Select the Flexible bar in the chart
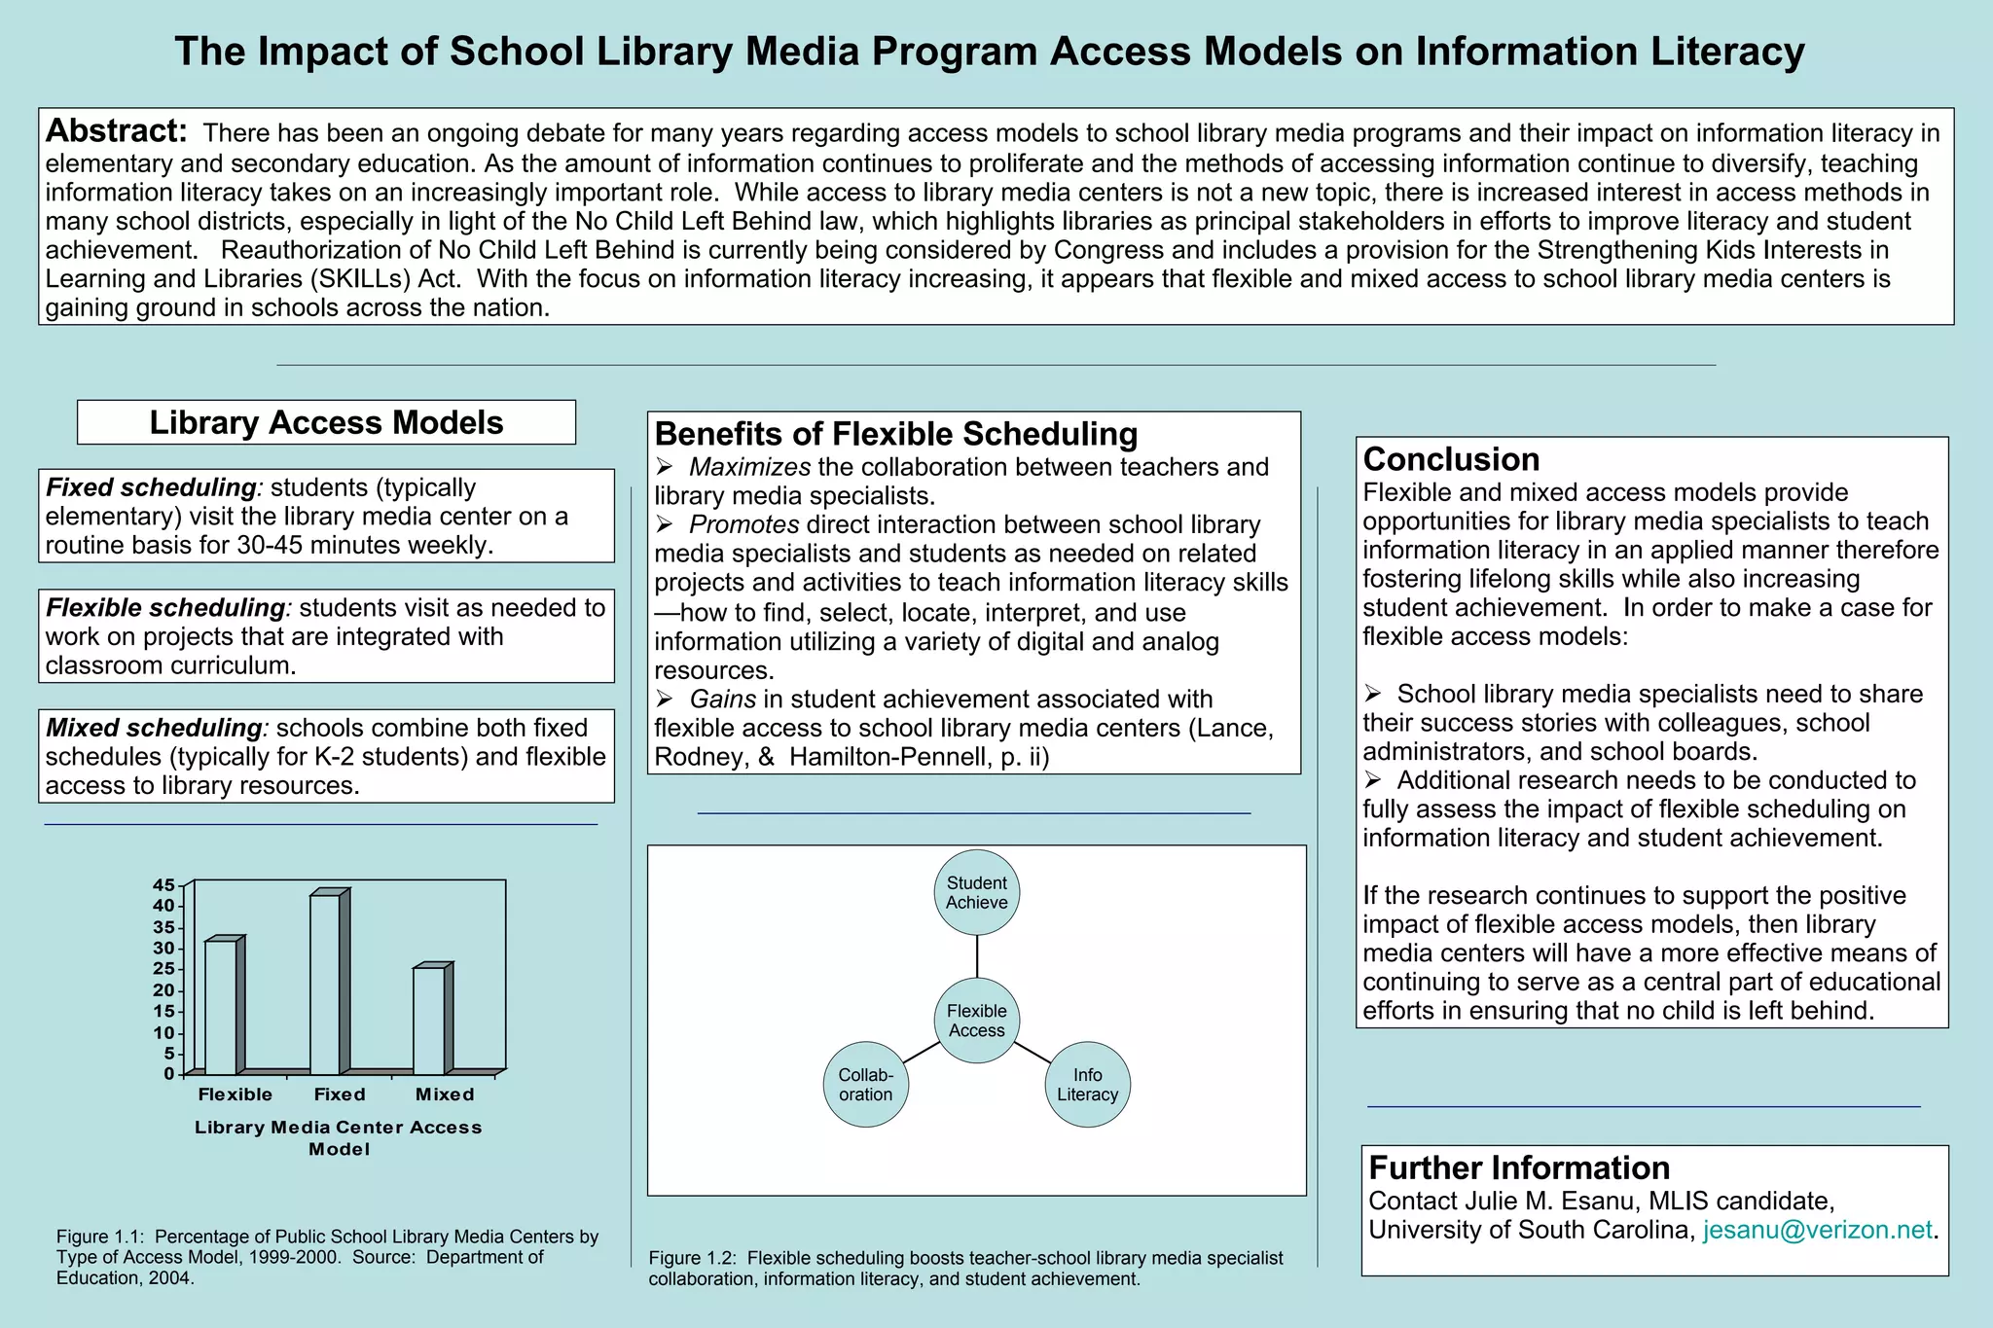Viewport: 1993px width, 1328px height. click(x=220, y=1007)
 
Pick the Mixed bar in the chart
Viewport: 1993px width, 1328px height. click(x=428, y=1021)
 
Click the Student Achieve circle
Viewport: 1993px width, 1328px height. click(x=976, y=893)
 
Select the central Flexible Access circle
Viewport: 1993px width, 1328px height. click(x=976, y=1021)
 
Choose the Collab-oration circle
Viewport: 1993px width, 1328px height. click(x=865, y=1085)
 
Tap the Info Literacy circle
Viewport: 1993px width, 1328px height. click(x=1087, y=1085)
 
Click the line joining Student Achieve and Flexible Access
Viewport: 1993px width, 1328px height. click(x=976, y=956)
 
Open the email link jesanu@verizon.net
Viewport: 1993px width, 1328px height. click(x=1817, y=1230)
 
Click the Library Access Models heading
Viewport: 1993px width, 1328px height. click(x=326, y=422)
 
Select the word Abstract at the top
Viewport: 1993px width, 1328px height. click(x=116, y=130)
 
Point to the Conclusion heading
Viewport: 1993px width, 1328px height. click(x=1450, y=459)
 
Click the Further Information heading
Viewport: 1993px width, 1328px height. click(x=1518, y=1167)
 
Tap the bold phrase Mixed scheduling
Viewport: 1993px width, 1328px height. click(x=153, y=728)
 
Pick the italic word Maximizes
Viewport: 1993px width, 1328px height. click(x=749, y=467)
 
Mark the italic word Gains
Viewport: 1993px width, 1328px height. click(x=722, y=699)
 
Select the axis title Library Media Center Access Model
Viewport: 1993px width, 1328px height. click(x=339, y=1137)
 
